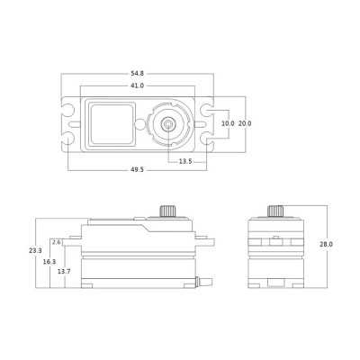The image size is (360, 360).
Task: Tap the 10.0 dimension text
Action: (227, 123)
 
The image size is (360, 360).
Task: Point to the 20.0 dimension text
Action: (244, 123)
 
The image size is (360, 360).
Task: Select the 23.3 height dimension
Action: (35, 252)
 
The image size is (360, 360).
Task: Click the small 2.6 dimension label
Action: (58, 242)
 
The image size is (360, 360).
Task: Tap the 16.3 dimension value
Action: (49, 261)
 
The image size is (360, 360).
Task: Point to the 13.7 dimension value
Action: (63, 270)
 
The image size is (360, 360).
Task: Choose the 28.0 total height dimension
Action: (326, 243)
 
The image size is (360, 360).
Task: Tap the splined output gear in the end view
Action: (274, 211)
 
